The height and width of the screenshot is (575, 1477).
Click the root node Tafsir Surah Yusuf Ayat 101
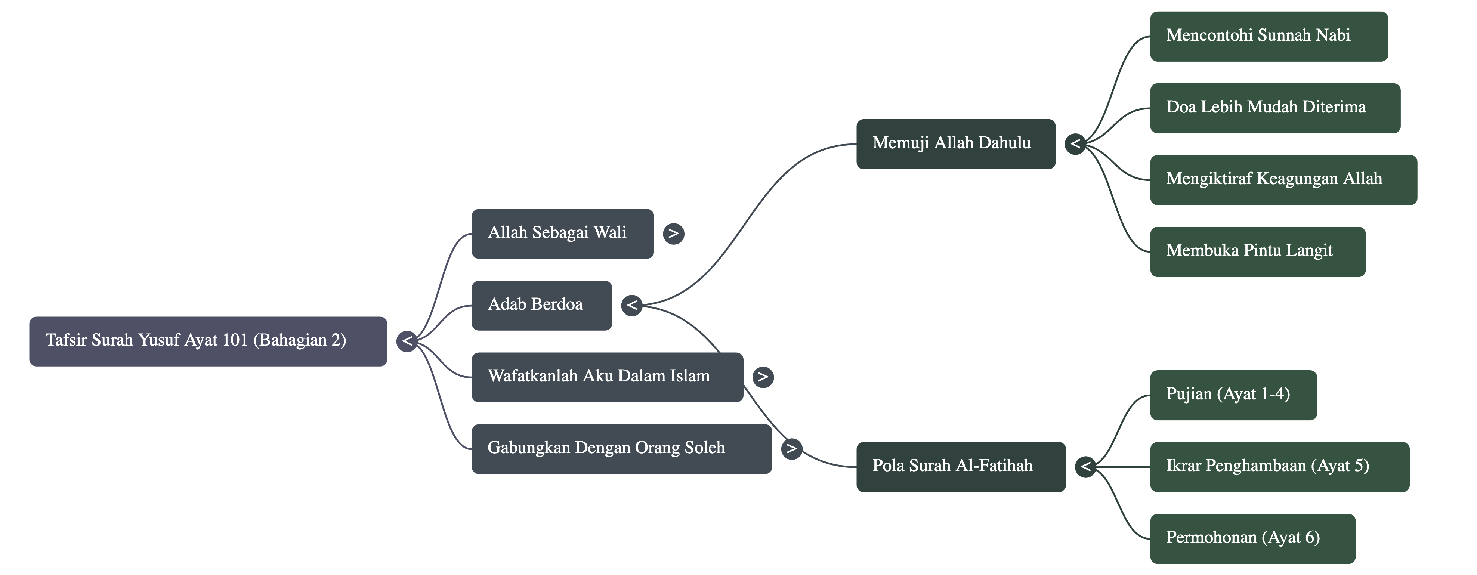208,341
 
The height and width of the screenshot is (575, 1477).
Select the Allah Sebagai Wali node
562,233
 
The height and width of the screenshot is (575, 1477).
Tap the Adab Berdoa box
541,305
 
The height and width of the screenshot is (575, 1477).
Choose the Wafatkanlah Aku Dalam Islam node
607,377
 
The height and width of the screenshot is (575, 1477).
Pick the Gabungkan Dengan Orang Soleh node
621,448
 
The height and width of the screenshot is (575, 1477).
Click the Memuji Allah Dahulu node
955,144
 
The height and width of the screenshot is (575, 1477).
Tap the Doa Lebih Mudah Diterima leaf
1274,108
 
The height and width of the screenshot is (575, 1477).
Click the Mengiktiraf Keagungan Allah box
1283,179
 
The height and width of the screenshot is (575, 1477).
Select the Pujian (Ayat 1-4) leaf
1233,395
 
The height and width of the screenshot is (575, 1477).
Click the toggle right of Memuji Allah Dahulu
1075,144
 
